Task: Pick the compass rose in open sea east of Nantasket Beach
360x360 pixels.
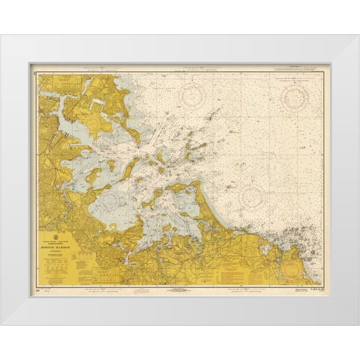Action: point(253,196)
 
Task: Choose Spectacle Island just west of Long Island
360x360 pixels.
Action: point(111,166)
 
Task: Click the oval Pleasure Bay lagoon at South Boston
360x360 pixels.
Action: point(84,153)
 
